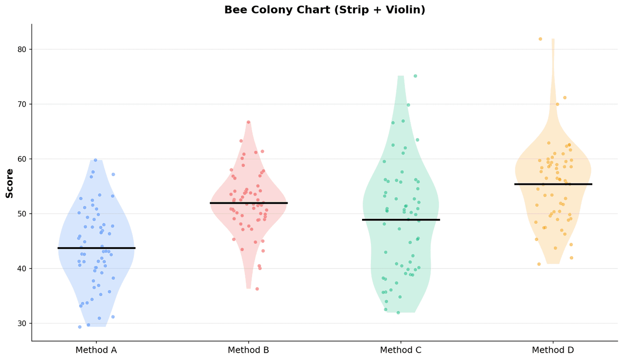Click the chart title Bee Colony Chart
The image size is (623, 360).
[x=325, y=10]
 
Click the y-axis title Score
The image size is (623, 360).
[x=10, y=183]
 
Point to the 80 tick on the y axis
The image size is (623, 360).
[x=23, y=49]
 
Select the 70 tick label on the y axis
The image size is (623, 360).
[x=23, y=104]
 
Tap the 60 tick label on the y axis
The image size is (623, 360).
[x=23, y=159]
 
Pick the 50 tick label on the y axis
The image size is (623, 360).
[x=23, y=214]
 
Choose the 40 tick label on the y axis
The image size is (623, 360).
[x=23, y=269]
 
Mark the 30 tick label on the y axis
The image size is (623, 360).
[x=23, y=324]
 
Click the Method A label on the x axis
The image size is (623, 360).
[x=96, y=350]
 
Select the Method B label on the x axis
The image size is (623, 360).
[x=248, y=350]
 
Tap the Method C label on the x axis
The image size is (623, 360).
[x=401, y=350]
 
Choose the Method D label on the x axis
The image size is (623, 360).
[x=553, y=350]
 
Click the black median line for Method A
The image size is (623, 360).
[x=96, y=248]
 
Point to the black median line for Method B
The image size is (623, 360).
[x=249, y=203]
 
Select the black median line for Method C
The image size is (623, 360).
[x=401, y=220]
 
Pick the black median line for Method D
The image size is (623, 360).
[x=553, y=184]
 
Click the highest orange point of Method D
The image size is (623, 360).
[x=540, y=39]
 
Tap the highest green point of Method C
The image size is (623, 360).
[x=415, y=76]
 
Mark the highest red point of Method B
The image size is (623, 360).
[x=248, y=122]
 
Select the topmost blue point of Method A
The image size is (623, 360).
[x=95, y=160]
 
